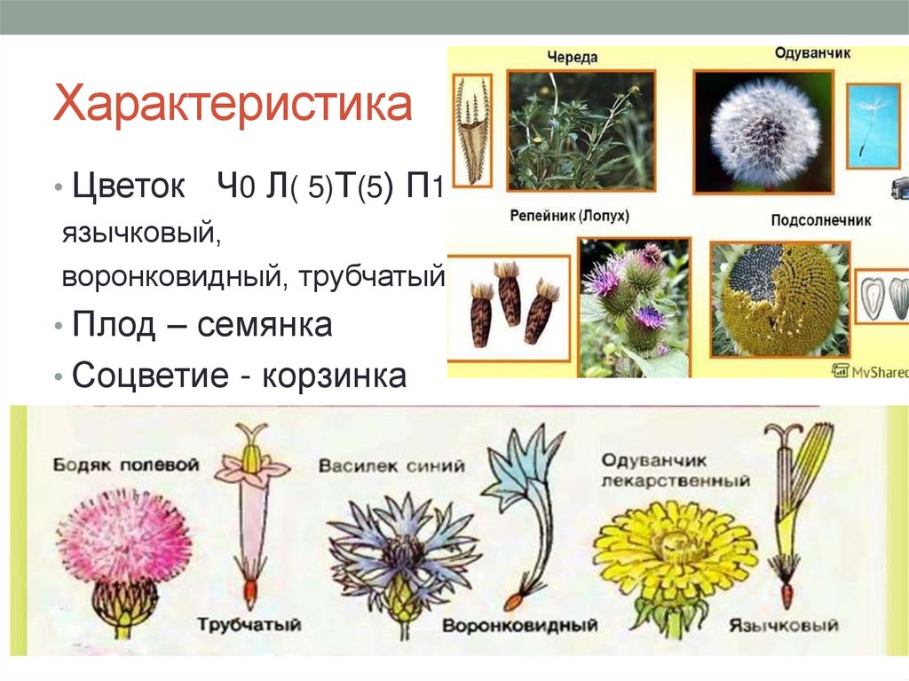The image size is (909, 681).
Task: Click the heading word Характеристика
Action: tap(233, 105)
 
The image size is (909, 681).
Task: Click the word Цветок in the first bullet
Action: tap(129, 187)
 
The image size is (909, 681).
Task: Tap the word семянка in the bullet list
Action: tap(265, 325)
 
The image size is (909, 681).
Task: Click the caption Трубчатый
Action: tap(249, 624)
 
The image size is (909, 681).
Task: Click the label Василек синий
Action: tap(391, 466)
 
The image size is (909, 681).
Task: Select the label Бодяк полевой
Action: tap(125, 464)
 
